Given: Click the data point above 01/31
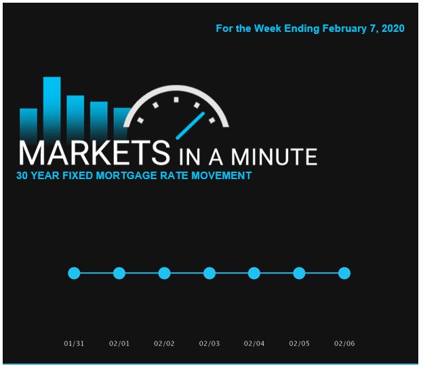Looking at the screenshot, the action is [74, 273].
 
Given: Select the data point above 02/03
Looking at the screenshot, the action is [209, 273].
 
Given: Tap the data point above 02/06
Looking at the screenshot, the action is [344, 273].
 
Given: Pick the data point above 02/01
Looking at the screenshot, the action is [119, 273].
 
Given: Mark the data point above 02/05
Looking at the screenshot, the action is [299, 273].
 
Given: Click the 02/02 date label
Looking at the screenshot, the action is [164, 343].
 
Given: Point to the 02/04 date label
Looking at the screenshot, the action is [254, 343].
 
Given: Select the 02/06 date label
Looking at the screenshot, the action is [344, 343].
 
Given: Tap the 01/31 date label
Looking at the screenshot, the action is [74, 343].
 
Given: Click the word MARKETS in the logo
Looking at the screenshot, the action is [94, 153].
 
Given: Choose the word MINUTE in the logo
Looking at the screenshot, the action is [274, 157].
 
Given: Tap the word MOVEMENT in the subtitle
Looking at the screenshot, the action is [221, 176].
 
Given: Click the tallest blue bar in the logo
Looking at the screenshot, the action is [52, 107].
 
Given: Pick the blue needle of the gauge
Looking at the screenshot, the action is [191, 126].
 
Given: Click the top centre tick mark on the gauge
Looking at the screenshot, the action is [176, 100].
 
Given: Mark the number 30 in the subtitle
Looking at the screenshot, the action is [22, 176].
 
